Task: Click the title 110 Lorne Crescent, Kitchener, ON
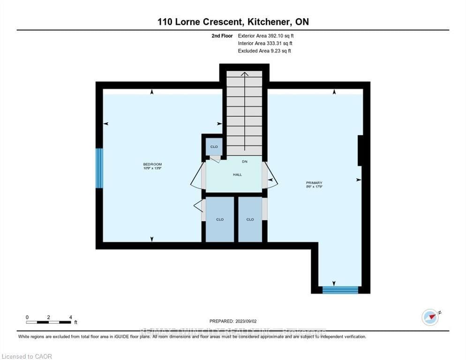point(233,22)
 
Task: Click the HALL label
point(238,174)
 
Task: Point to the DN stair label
point(244,161)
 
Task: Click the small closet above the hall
point(214,147)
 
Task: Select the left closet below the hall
point(220,219)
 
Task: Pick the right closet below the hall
point(250,219)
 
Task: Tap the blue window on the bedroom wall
point(99,168)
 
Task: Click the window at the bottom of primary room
point(341,290)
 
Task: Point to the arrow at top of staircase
point(244,75)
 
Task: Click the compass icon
point(430,317)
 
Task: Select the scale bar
point(49,322)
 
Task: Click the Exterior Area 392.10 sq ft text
point(266,36)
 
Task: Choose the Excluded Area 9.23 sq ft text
point(264,51)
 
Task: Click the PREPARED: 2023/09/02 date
point(233,321)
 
